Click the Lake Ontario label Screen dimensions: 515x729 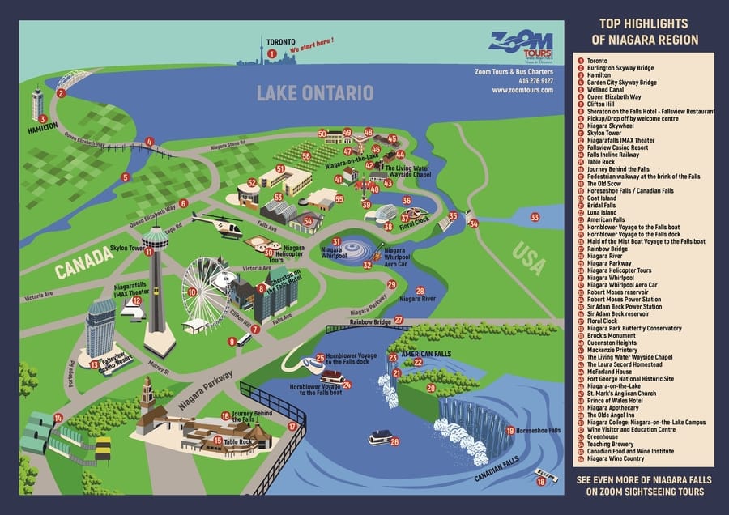315,93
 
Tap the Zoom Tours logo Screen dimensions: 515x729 521,45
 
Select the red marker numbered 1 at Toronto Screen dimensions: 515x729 272,53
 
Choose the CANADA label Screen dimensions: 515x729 83,262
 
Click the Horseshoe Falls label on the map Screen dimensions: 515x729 538,430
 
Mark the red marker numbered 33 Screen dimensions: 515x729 535,217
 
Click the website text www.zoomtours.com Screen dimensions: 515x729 522,90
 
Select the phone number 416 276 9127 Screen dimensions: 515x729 535,80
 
